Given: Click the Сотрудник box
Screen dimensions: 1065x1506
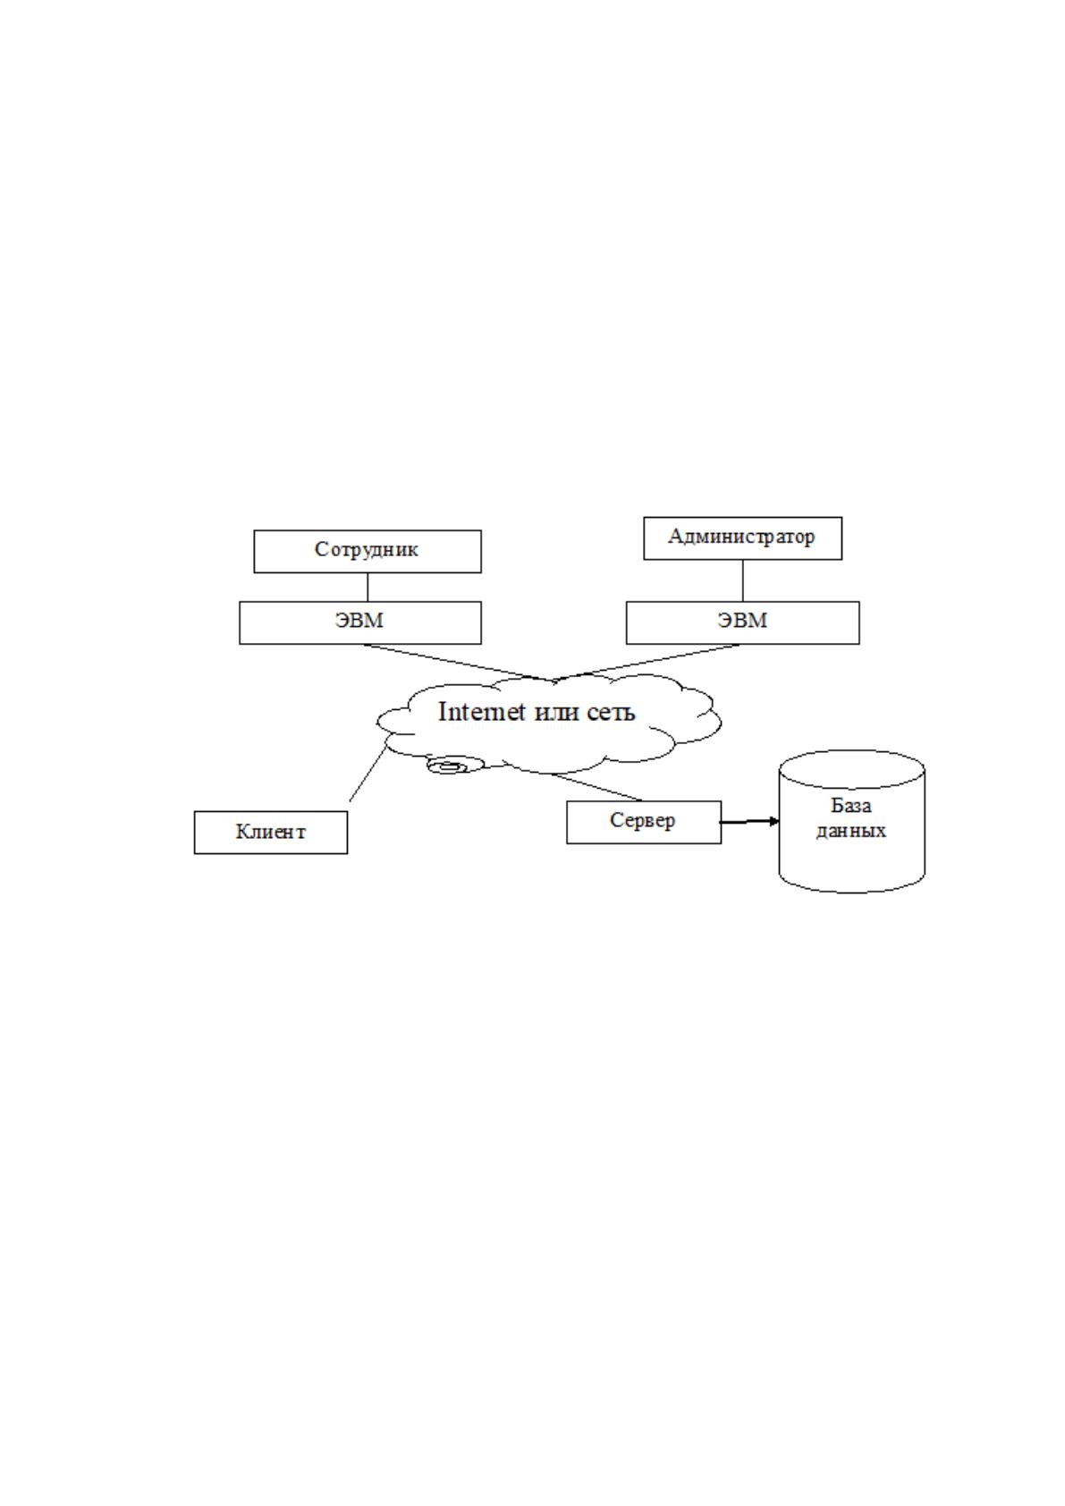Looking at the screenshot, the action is (x=368, y=551).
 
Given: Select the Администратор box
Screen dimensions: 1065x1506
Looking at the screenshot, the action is (x=742, y=537).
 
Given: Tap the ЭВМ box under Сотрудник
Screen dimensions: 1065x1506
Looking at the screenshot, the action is (x=360, y=622).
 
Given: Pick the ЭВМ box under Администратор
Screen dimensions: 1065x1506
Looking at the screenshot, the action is (x=742, y=622).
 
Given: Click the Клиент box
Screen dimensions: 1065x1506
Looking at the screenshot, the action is (x=271, y=833).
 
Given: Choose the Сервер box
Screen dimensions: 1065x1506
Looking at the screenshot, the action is (x=644, y=822).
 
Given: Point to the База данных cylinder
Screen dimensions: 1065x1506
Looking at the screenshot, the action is (x=851, y=822).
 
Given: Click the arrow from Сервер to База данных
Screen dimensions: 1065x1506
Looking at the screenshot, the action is (x=749, y=822).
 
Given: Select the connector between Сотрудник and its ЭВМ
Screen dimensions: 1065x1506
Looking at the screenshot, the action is (x=368, y=587).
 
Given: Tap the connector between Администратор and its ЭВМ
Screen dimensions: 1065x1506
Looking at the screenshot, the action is (x=742, y=580).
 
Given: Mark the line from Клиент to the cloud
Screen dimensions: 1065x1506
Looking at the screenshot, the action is (x=368, y=774).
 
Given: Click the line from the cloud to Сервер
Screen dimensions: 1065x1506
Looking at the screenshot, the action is (x=596, y=787).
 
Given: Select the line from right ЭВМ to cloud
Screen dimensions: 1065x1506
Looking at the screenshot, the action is (x=649, y=662).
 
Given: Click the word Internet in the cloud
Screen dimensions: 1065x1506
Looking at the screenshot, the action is (x=481, y=711).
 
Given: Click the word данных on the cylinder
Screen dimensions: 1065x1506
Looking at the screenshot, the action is (x=850, y=831).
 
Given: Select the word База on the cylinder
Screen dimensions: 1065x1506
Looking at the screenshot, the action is (x=850, y=806).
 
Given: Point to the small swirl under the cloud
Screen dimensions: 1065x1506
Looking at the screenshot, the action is (x=455, y=766).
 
